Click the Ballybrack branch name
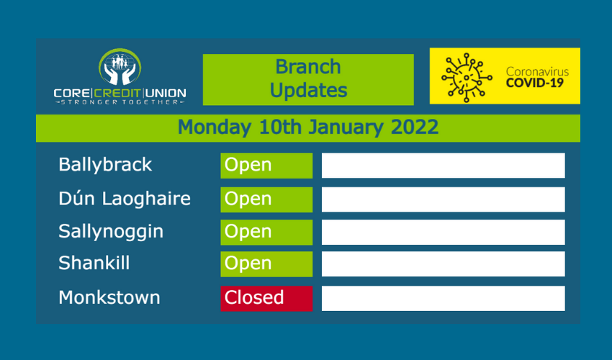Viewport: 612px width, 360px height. click(x=105, y=165)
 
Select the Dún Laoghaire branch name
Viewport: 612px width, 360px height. click(x=125, y=199)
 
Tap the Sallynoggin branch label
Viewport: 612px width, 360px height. click(x=111, y=232)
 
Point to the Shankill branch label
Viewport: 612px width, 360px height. click(x=94, y=263)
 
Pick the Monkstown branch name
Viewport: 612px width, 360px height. click(x=109, y=297)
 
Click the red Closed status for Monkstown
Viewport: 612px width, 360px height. click(x=266, y=299)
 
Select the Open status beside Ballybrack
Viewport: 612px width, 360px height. click(x=266, y=166)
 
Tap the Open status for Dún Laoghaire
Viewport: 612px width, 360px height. click(x=266, y=199)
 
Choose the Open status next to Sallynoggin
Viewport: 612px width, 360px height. click(x=266, y=233)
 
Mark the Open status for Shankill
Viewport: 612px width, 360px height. click(x=266, y=264)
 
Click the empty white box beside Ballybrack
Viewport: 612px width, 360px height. click(x=443, y=166)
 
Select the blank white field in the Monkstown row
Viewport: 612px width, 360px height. click(x=443, y=299)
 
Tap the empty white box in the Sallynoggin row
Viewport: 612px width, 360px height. click(x=443, y=233)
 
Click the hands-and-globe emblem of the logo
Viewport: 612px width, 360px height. click(x=120, y=67)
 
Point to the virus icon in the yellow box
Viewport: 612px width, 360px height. click(x=467, y=78)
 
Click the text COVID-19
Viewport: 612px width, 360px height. click(x=535, y=84)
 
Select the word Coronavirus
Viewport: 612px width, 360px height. click(x=537, y=72)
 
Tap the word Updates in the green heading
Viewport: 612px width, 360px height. click(x=308, y=91)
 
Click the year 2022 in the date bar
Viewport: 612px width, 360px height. click(x=415, y=127)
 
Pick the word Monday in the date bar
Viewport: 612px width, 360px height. click(x=215, y=128)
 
